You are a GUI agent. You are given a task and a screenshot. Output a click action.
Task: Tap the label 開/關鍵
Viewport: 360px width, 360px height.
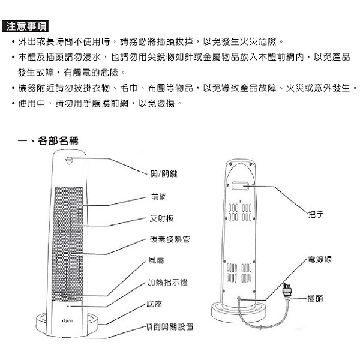[x=164, y=173]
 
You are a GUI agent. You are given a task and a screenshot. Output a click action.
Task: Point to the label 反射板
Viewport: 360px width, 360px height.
[x=161, y=218]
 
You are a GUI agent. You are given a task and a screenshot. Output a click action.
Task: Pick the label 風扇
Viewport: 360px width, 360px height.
[x=157, y=261]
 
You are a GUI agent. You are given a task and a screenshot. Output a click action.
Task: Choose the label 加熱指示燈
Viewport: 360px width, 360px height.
[x=167, y=283]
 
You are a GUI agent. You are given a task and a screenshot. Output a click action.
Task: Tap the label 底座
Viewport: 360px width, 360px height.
[x=154, y=304]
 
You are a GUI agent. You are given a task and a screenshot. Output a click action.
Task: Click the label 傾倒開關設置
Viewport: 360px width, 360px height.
[x=170, y=327]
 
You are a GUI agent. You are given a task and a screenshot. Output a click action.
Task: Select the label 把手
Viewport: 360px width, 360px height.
[x=315, y=214]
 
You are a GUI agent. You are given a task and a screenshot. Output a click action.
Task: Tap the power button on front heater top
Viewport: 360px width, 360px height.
[x=70, y=160]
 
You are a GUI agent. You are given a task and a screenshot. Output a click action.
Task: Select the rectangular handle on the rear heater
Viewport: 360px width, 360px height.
[x=240, y=187]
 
